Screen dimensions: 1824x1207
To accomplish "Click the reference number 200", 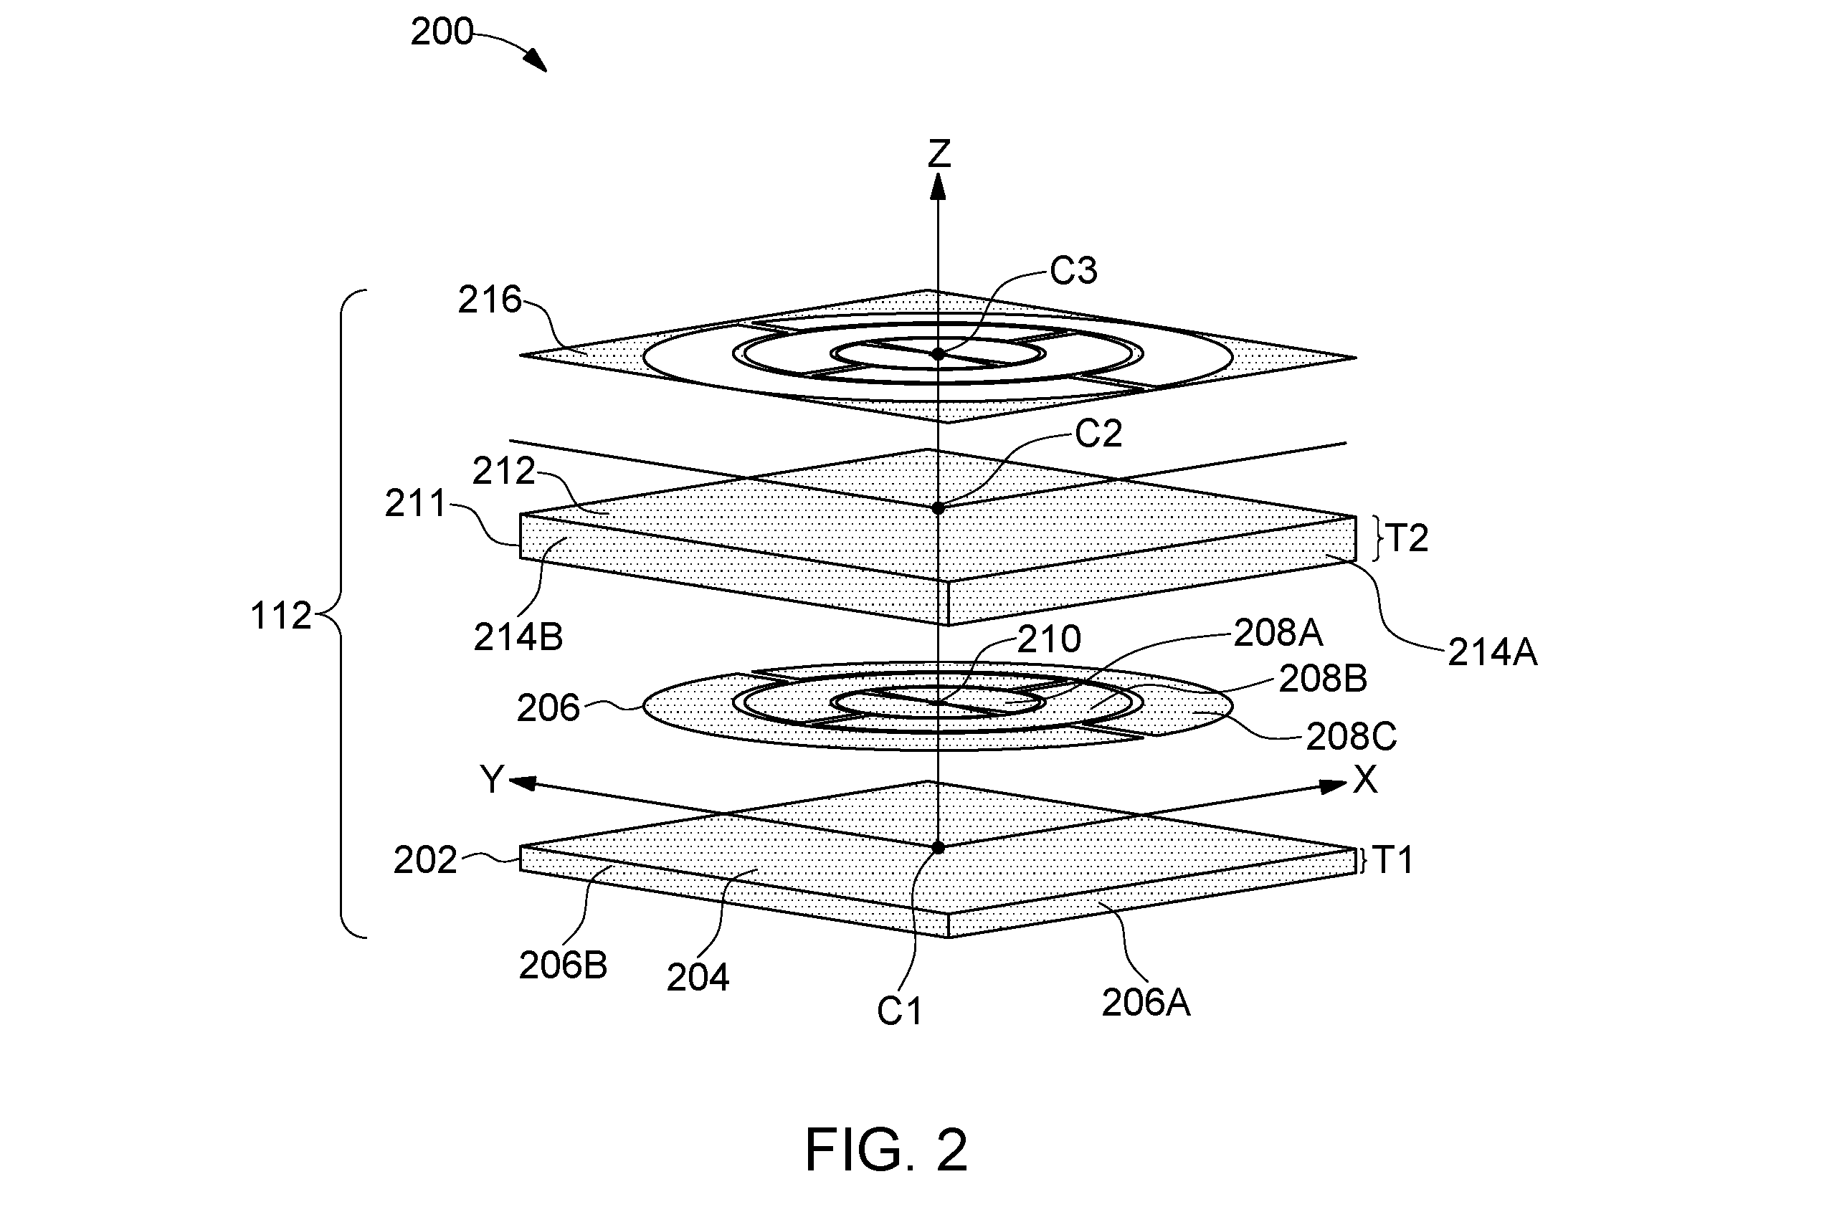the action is (x=441, y=32).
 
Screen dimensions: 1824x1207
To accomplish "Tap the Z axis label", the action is (x=939, y=153).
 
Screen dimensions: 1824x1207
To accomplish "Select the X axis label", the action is (x=1365, y=780).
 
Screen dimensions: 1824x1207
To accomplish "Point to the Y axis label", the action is (x=492, y=779).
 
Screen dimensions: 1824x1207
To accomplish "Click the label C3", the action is (x=1074, y=271).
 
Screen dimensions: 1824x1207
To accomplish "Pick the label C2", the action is (x=1098, y=434).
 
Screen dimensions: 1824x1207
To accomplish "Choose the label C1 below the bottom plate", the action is (x=899, y=1011).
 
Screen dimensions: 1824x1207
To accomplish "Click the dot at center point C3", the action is (x=938, y=354).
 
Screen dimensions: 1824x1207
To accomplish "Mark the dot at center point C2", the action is (x=938, y=508).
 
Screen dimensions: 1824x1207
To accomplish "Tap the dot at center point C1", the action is (x=938, y=847).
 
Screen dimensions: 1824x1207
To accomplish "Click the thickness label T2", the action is (x=1407, y=538).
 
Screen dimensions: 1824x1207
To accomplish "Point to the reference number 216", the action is (x=490, y=300).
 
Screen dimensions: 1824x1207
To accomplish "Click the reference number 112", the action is (x=281, y=616).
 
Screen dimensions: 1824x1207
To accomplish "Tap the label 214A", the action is (x=1492, y=653).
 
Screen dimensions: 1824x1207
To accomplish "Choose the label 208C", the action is (x=1352, y=738).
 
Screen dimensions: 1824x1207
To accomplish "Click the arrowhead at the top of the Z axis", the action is (x=938, y=186).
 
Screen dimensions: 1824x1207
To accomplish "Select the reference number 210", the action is (x=1049, y=639).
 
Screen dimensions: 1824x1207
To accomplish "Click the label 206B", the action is (x=563, y=965).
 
